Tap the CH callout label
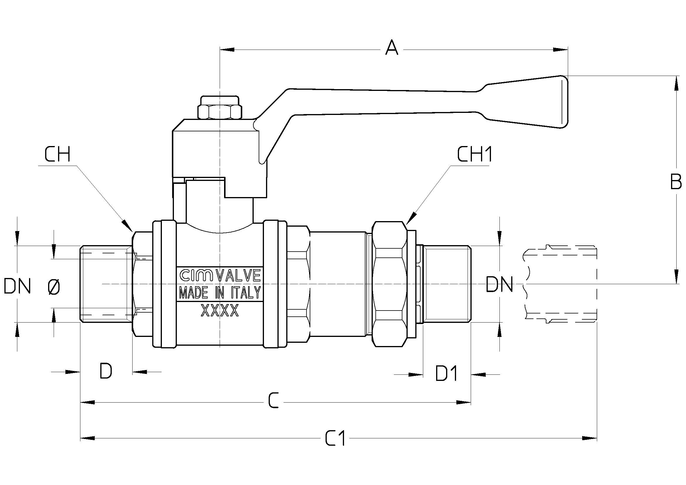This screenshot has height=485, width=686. click(x=57, y=155)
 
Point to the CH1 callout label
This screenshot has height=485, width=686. click(x=475, y=155)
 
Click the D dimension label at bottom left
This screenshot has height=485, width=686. click(x=106, y=371)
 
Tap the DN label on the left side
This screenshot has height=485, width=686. click(x=17, y=286)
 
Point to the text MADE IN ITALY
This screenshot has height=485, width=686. click(x=220, y=293)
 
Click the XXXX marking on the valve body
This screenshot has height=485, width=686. click(x=220, y=311)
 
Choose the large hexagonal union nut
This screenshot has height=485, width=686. click(x=390, y=284)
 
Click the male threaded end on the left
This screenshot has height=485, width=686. click(x=107, y=284)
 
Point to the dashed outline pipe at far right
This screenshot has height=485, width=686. click(x=560, y=284)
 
